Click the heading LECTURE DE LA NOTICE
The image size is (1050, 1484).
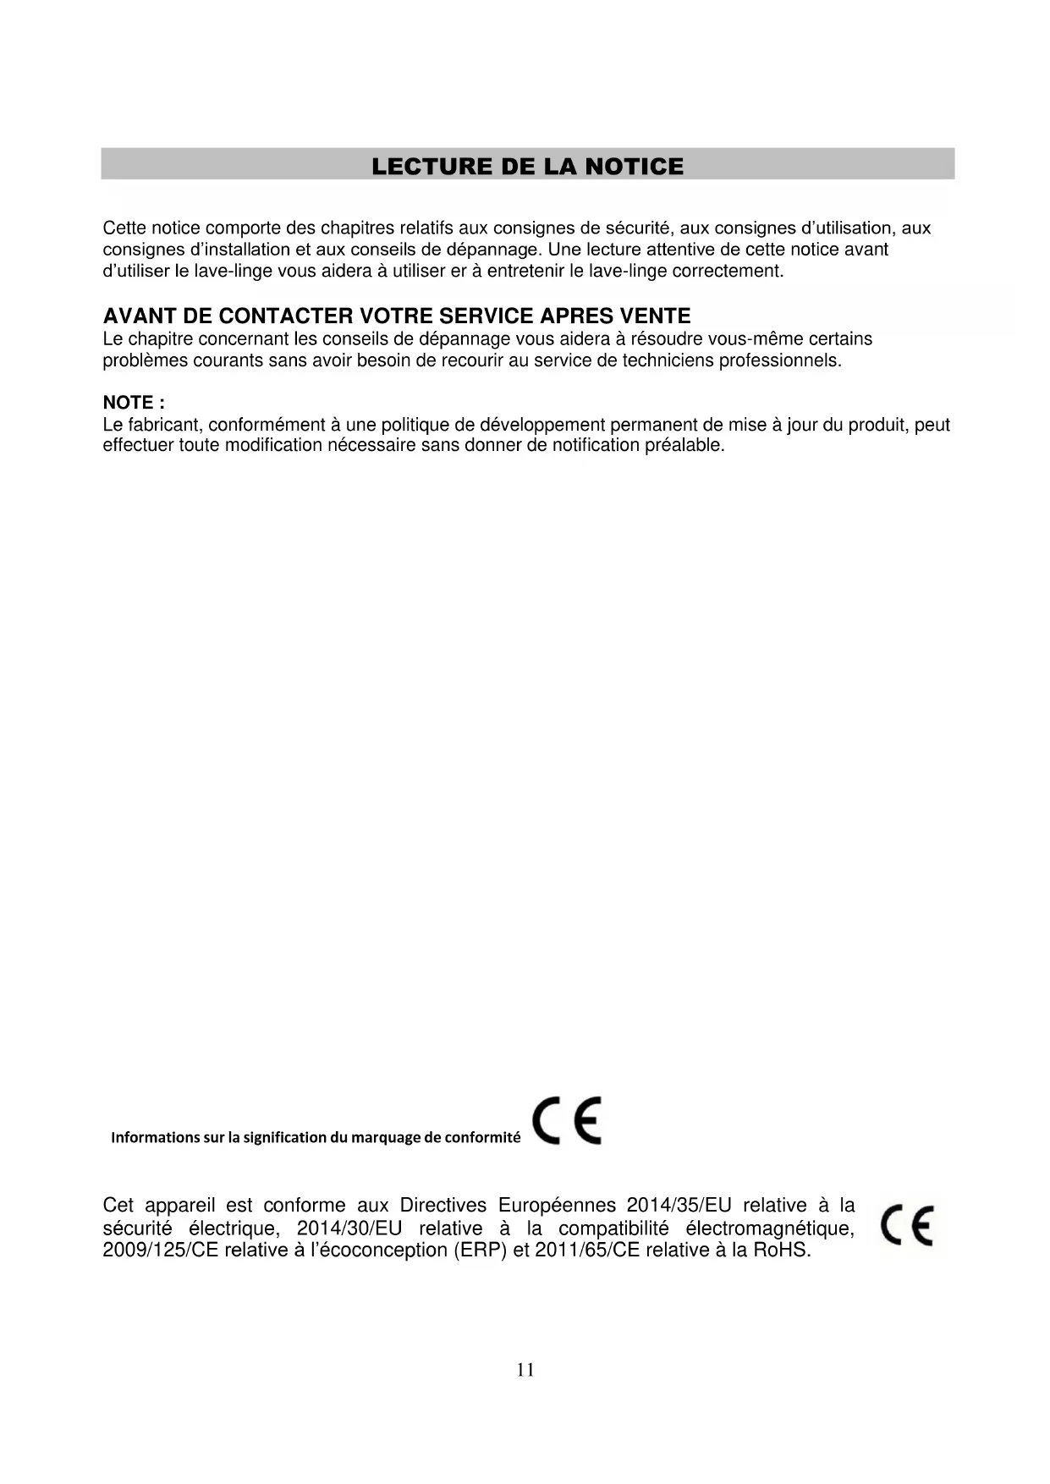tap(527, 166)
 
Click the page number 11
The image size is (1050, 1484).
tap(525, 1370)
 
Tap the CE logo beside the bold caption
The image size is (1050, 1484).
tap(567, 1121)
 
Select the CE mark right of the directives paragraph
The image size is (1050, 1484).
tap(906, 1225)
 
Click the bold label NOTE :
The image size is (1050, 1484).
tap(134, 403)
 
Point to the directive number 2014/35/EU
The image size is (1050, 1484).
tap(679, 1205)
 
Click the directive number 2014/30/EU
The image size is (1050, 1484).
tap(349, 1228)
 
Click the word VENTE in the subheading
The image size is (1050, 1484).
tap(656, 316)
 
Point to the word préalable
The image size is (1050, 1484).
tap(684, 445)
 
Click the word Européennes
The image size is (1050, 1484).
tap(557, 1205)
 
